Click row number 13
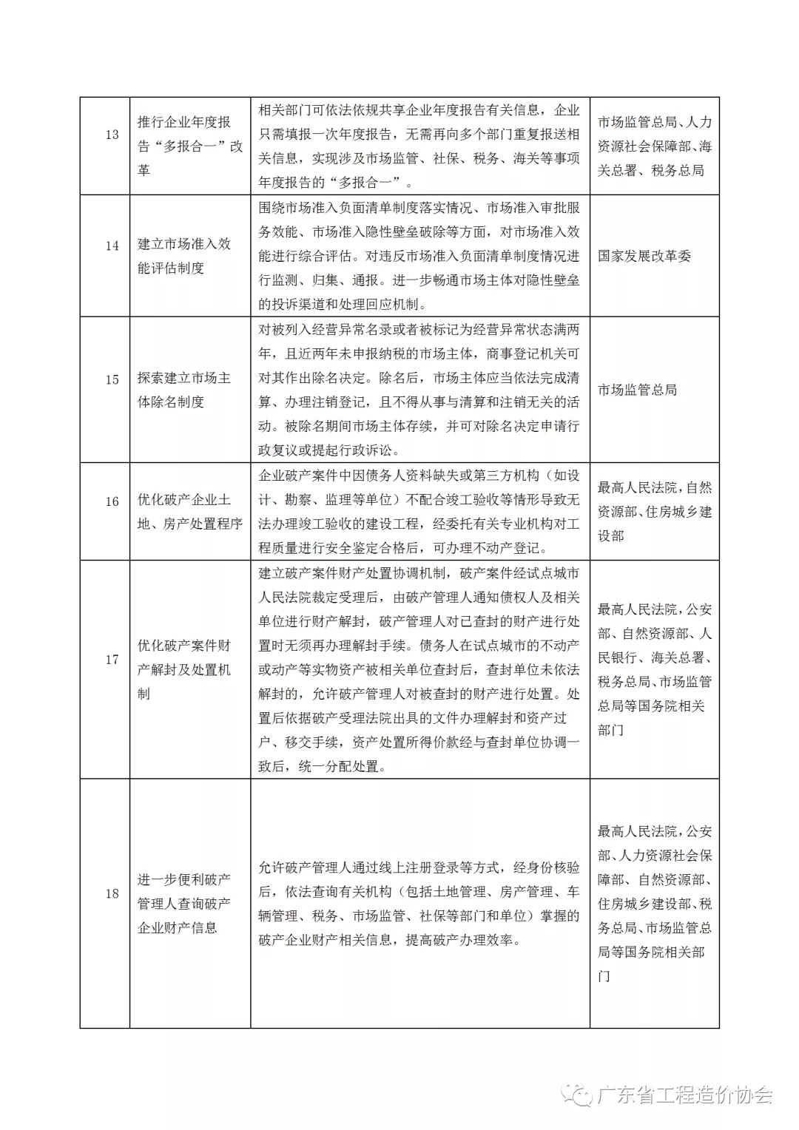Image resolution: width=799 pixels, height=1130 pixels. point(112,135)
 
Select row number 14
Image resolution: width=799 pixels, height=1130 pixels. point(112,246)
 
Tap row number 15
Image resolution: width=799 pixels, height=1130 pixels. point(112,379)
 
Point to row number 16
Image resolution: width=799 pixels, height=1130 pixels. point(112,501)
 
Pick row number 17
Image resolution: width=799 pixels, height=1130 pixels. point(112,659)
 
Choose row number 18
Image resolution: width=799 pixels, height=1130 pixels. point(112,893)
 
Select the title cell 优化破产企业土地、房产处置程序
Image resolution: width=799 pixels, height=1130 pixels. point(189,512)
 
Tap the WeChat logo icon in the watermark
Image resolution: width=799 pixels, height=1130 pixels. point(576,1095)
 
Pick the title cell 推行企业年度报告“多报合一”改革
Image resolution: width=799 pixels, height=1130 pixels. point(189,146)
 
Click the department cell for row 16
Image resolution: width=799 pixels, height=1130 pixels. point(654,511)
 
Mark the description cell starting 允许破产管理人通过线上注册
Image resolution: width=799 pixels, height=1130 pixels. point(419,904)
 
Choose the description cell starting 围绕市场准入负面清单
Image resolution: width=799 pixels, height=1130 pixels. point(419,256)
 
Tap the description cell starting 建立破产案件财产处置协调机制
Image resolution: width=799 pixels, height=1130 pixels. point(419,669)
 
